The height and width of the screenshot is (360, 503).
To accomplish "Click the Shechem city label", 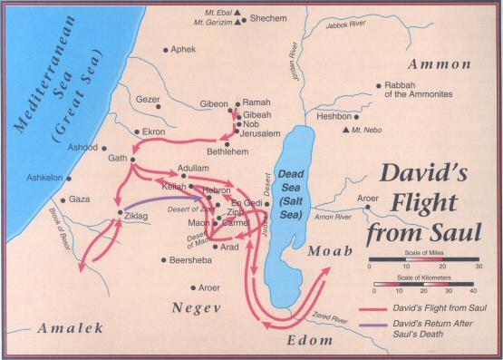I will (270, 17).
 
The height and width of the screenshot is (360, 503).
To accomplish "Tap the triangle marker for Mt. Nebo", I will (345, 131).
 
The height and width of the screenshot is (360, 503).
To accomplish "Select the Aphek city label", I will (183, 50).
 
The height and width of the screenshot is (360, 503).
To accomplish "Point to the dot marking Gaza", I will (63, 199).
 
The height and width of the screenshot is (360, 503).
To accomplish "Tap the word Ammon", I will (440, 64).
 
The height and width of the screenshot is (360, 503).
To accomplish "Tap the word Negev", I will (198, 308).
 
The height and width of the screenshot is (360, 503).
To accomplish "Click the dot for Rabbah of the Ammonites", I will (375, 88).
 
